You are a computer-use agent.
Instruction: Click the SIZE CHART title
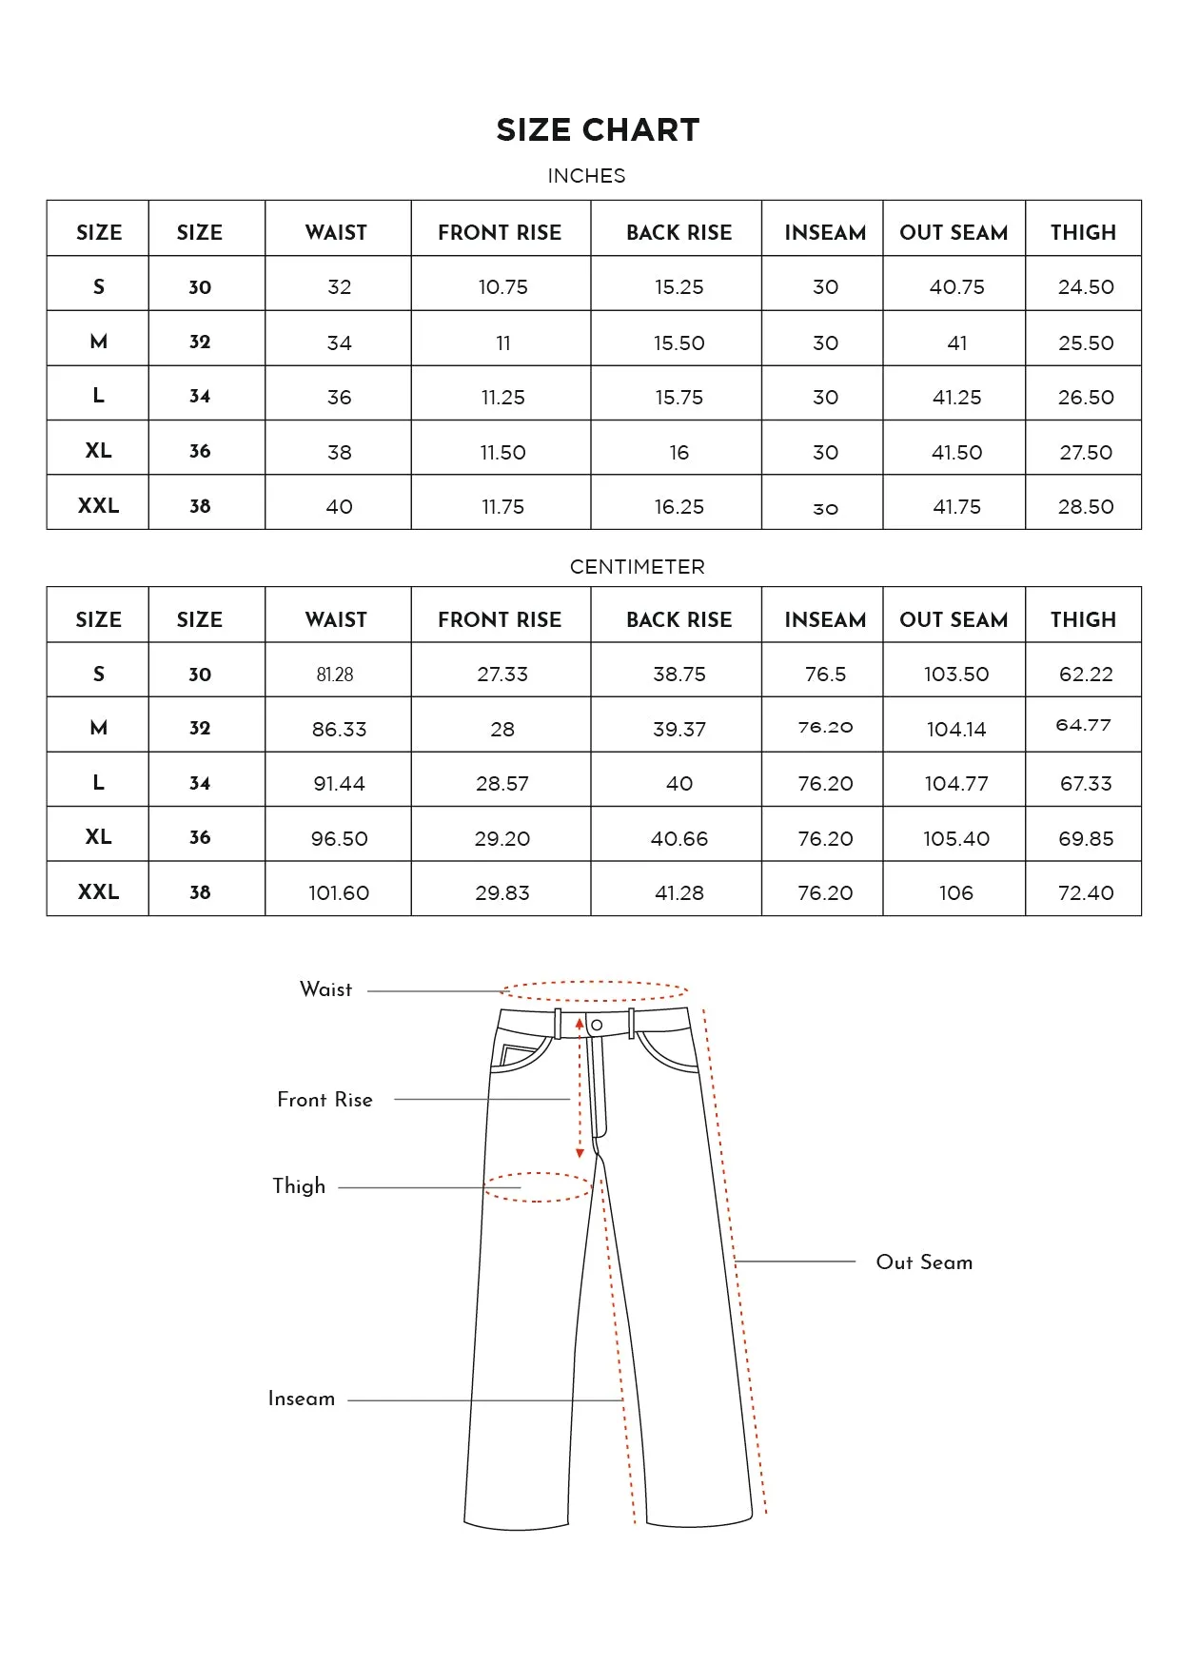[x=598, y=130]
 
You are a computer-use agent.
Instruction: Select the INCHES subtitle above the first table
[x=586, y=176]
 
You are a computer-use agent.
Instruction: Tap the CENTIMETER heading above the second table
[x=637, y=567]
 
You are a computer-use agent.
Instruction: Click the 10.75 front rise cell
[x=502, y=287]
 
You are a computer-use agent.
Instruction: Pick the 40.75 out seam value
[x=956, y=287]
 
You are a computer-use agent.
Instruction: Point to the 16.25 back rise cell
[x=678, y=507]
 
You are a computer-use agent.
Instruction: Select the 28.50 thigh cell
[x=1085, y=507]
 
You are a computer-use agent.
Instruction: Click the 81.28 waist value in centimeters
[x=335, y=675]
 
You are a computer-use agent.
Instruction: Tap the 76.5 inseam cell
[x=825, y=675]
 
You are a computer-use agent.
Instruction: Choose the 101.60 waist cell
[x=338, y=893]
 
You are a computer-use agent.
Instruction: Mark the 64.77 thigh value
[x=1083, y=725]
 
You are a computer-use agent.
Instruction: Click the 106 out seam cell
[x=955, y=893]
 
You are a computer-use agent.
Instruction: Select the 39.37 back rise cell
[x=678, y=730]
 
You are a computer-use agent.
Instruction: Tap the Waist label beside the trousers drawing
[x=325, y=989]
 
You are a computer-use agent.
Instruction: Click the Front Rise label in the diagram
[x=324, y=1100]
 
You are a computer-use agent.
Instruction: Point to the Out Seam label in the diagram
[x=924, y=1262]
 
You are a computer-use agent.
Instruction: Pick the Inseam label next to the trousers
[x=301, y=1399]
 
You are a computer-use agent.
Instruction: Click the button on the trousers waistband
[x=597, y=1025]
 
